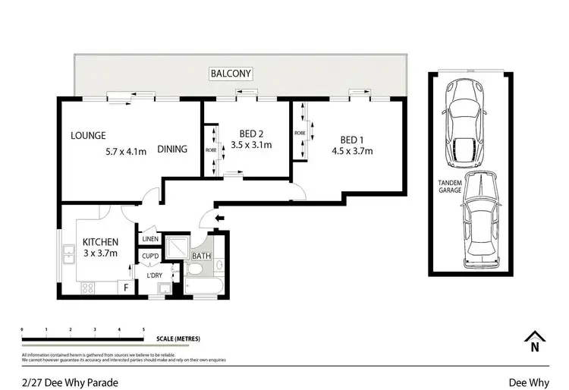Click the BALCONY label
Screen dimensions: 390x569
231,74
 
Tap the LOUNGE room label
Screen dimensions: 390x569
88,137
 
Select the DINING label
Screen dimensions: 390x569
172,149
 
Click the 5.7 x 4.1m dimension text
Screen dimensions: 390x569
126,149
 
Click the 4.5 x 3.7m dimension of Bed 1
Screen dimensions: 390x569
352,150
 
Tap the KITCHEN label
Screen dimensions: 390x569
100,243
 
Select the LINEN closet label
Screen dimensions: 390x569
150,240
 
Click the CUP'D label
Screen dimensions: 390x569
150,256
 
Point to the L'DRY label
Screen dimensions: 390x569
154,275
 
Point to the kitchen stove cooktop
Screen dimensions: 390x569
86,288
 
